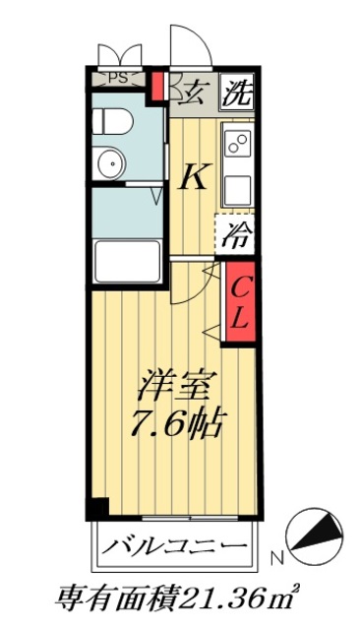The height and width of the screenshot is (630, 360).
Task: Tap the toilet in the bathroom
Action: click(x=111, y=122)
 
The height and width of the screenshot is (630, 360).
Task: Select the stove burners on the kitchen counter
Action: click(x=237, y=144)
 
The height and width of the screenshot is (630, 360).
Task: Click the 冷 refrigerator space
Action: click(x=235, y=236)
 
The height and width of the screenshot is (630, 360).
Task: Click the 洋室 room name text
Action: click(x=177, y=383)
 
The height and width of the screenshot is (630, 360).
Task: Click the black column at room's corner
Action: click(x=95, y=509)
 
